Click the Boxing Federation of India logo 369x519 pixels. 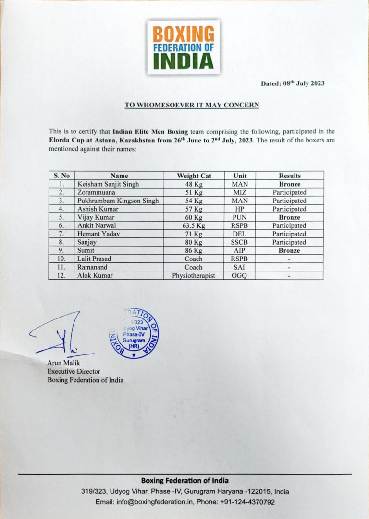pos(183,47)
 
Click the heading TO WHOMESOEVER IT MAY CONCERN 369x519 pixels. pos(192,105)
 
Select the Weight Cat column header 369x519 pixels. pos(194,176)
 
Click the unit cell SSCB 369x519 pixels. pos(240,242)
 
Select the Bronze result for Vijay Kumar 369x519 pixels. pos(289,217)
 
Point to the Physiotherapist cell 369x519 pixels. pos(194,275)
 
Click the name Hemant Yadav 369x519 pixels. pos(96,234)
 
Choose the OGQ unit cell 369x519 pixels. pos(240,275)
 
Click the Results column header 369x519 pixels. pos(289,176)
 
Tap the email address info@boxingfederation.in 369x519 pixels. pos(166,502)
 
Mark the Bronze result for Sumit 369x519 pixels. pos(289,250)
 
